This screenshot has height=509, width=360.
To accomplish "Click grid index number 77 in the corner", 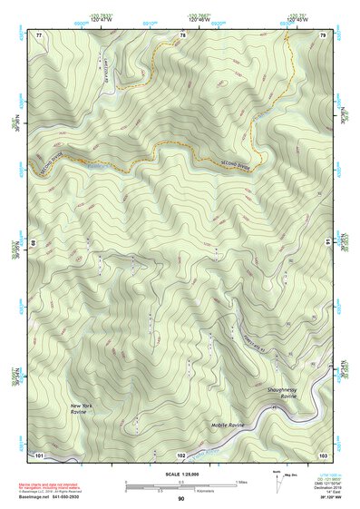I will [39, 34].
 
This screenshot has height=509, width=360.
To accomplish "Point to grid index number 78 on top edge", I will [182, 34].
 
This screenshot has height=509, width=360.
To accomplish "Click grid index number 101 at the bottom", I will [39, 454].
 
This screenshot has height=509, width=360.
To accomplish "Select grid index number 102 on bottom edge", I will [180, 454].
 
